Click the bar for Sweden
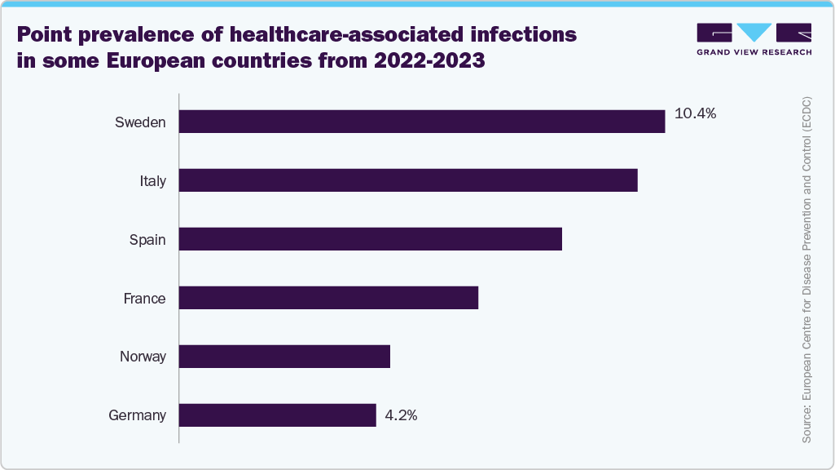point(421,122)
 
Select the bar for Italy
point(407,180)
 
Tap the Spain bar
point(370,239)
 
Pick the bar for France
point(327,298)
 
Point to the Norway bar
point(283,357)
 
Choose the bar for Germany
point(277,415)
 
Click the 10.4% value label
point(695,114)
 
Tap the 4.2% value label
point(401,415)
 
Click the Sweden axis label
point(140,122)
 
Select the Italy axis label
point(152,181)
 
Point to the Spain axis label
point(147,240)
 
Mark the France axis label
point(144,299)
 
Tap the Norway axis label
point(143,357)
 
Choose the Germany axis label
point(137,416)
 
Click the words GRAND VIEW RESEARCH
point(754,51)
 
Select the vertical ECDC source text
point(806,269)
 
